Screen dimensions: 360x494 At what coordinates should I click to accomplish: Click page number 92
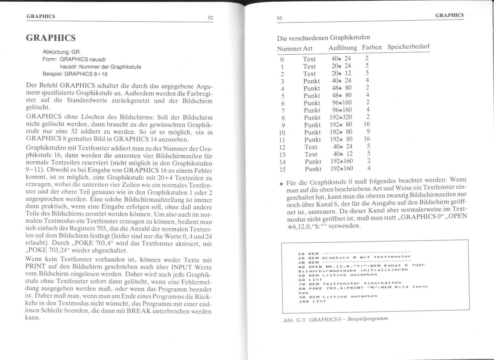coord(210,18)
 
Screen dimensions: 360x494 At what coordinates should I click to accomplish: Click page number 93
coord(279,18)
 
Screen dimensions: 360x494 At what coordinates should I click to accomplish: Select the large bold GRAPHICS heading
coord(51,38)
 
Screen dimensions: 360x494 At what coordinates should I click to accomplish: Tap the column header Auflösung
coord(342,48)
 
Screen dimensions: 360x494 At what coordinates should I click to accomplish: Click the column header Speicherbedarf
coord(408,47)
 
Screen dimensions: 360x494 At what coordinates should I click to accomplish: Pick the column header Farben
coord(372,47)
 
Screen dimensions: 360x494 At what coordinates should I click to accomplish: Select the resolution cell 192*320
coord(341,117)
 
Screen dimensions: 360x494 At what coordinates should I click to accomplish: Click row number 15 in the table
coord(282,169)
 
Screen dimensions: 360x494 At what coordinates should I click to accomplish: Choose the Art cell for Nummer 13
coord(311,154)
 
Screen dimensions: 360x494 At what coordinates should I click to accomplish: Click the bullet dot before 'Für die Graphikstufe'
coord(281,184)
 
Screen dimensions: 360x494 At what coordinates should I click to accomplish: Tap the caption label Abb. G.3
coord(295,320)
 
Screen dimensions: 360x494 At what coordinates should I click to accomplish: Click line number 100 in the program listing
coord(302,301)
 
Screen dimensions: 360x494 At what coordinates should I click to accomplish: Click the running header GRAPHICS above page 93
coord(449,15)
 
